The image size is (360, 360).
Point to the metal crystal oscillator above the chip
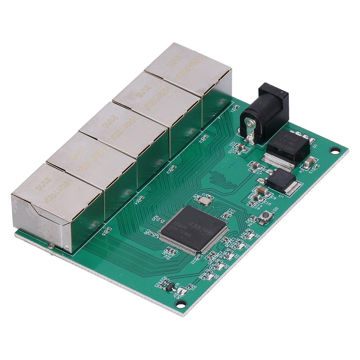(x=204, y=201)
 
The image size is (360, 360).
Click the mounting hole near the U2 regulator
(x=335, y=150)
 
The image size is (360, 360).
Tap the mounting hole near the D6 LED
(x=180, y=304)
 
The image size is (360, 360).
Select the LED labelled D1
(x=249, y=235)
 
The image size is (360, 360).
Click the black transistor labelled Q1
(x=169, y=287)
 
